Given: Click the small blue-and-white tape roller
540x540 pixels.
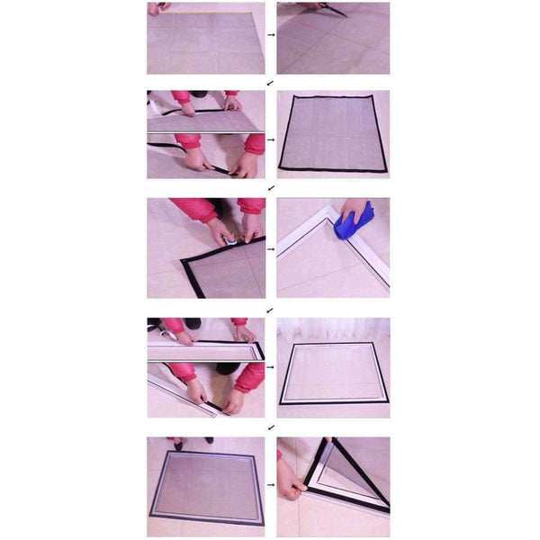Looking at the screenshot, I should [232, 240].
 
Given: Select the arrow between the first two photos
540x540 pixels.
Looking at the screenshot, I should [271, 37].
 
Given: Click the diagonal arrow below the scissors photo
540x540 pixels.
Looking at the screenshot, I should [271, 82].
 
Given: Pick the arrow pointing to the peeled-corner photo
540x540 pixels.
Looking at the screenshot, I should [271, 486].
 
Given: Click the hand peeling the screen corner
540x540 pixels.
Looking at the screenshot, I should [291, 487].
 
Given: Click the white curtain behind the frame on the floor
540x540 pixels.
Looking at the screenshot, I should [333, 328].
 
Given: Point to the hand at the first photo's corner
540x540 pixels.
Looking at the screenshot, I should [158, 7].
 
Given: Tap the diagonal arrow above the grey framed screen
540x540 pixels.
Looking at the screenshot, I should [271, 427].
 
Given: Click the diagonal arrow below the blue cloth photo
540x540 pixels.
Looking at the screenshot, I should [271, 309].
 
